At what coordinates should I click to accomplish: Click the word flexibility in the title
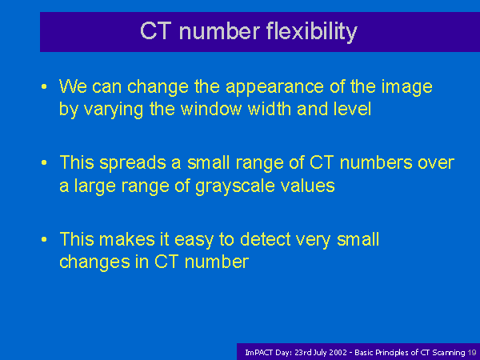point(312,32)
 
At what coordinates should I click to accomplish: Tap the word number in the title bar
point(219,31)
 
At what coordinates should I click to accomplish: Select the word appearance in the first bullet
point(274,88)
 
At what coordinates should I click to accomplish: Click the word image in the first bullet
point(406,88)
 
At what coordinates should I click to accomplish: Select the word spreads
point(133,163)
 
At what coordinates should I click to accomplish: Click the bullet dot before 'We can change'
point(44,86)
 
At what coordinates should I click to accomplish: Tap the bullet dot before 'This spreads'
point(44,162)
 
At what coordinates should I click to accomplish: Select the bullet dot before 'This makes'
point(44,239)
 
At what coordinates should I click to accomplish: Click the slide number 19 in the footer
point(472,353)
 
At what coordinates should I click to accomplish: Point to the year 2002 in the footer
point(338,353)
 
